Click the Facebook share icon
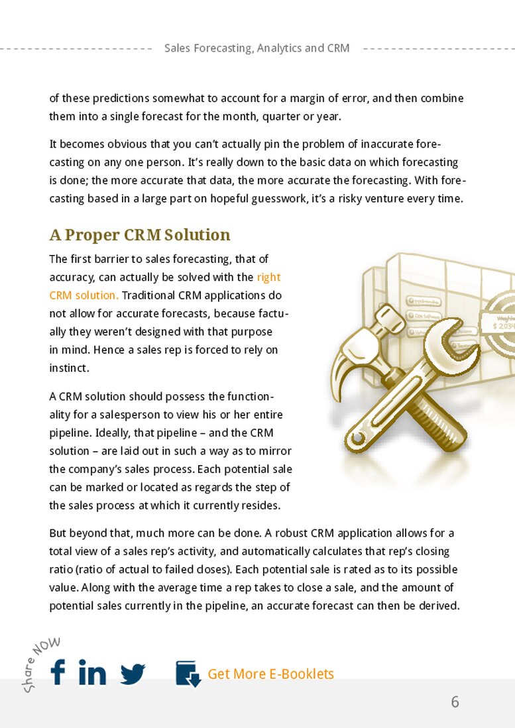click(58, 672)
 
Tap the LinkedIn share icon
click(92, 672)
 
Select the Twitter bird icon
click(133, 674)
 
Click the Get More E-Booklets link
click(270, 674)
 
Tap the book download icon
click(188, 673)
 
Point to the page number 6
click(455, 702)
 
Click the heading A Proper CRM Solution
click(140, 235)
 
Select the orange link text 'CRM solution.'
click(84, 295)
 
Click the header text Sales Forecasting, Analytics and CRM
click(257, 48)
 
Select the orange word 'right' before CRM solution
click(268, 277)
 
